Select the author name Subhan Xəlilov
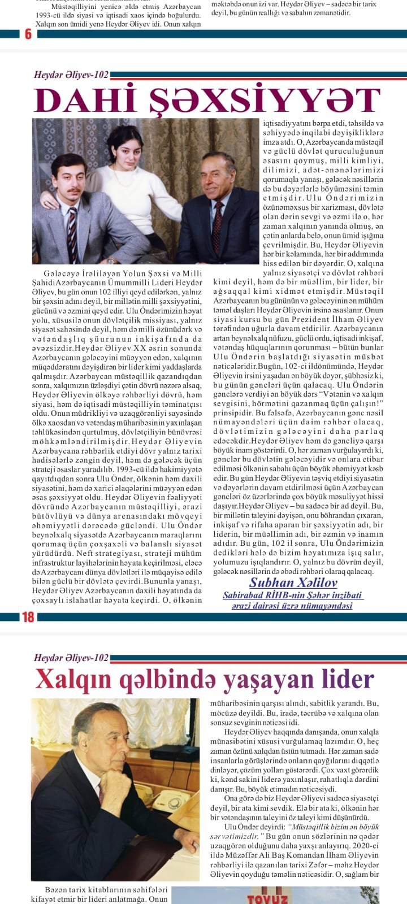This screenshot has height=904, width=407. (285, 583)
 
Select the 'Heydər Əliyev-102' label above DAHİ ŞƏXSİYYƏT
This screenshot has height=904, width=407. (71, 75)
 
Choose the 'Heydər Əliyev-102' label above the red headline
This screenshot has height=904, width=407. (71, 658)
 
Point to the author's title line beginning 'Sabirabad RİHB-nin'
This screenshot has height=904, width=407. (292, 596)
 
